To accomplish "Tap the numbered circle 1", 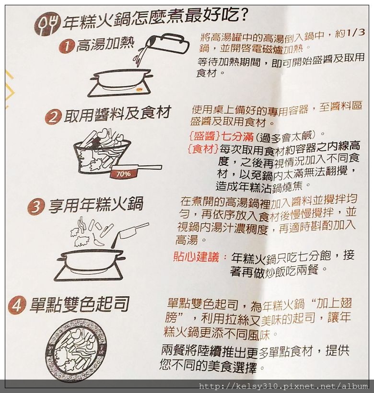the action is tap(66, 46).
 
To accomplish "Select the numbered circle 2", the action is tap(53, 117).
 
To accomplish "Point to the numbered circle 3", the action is tap(36, 207).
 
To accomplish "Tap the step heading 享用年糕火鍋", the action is tap(96, 204).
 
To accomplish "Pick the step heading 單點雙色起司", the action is tap(80, 304).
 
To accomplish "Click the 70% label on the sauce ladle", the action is tap(123, 173).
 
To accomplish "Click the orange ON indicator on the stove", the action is tap(139, 89).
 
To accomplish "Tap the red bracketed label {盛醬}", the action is tap(204, 137).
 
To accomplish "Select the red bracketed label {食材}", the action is tap(203, 150).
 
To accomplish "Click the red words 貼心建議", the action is tap(196, 257).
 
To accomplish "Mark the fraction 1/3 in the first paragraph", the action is tap(355, 33).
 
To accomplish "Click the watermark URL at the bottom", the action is tap(283, 386).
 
